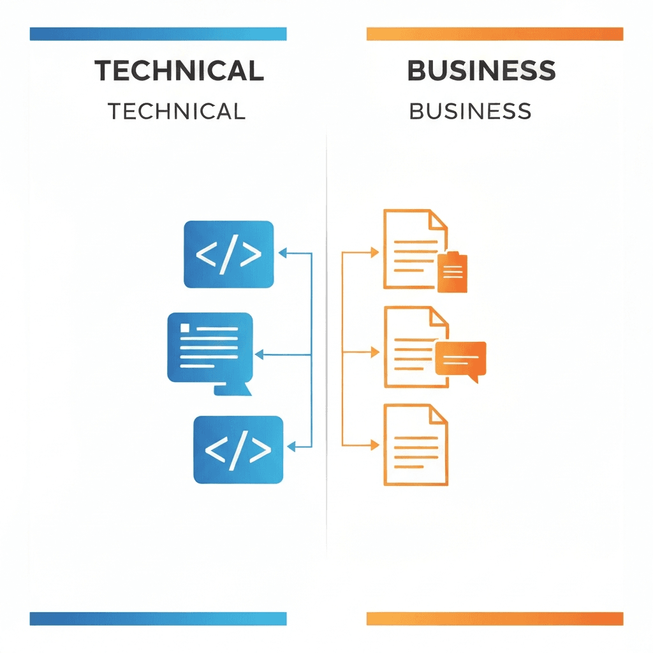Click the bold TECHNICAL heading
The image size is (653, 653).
click(x=179, y=71)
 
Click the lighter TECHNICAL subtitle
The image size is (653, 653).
click(x=177, y=111)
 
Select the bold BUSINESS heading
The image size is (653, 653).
click(x=481, y=71)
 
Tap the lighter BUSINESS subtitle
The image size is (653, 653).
click(x=470, y=111)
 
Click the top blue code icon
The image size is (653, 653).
click(x=228, y=254)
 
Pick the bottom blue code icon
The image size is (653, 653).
click(x=238, y=449)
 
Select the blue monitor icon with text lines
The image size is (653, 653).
click(x=210, y=348)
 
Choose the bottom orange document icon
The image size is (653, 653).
click(x=415, y=444)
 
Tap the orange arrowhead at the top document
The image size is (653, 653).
click(x=375, y=253)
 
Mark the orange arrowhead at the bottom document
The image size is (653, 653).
click(x=375, y=444)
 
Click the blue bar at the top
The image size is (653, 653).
click(x=158, y=34)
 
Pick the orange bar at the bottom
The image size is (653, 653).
click(x=494, y=619)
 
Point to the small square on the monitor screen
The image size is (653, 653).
click(x=185, y=328)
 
